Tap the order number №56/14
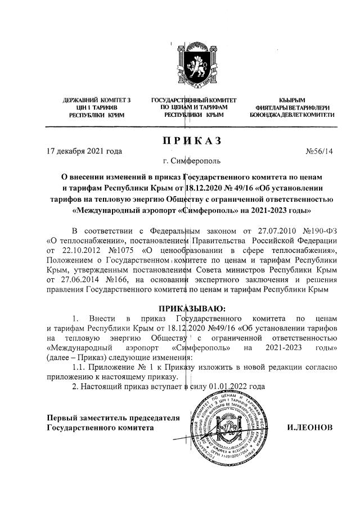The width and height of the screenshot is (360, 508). point(319,151)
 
